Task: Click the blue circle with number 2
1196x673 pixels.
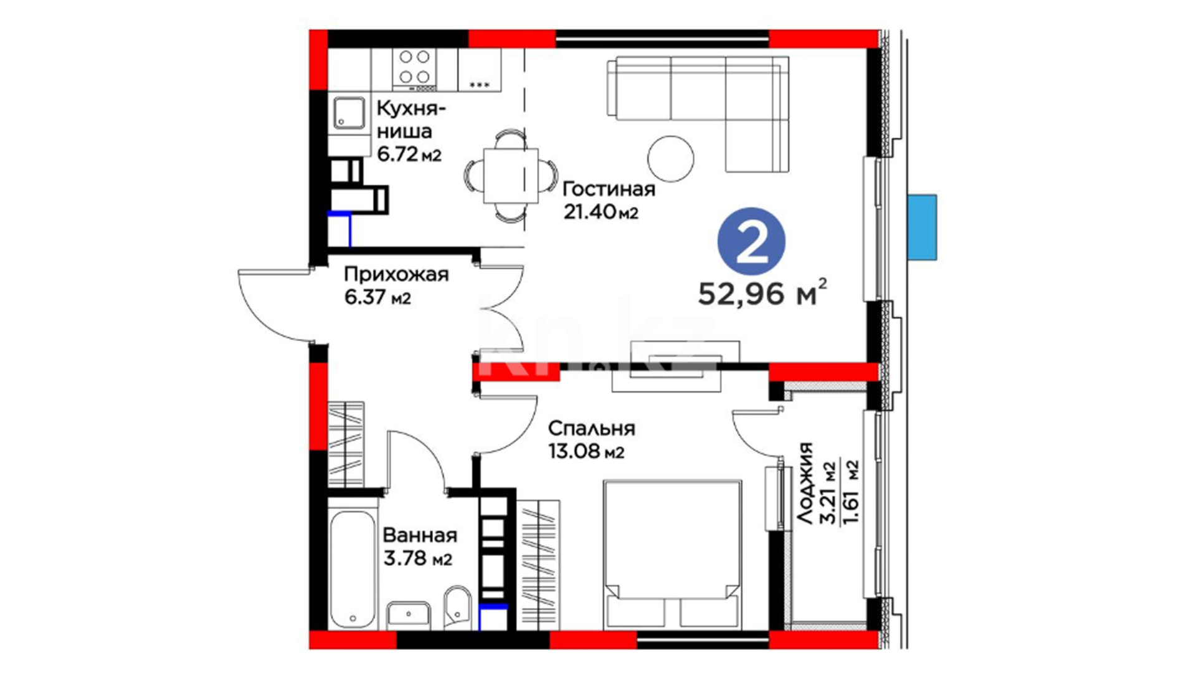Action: [x=751, y=241]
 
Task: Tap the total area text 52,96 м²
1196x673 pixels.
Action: [x=763, y=294]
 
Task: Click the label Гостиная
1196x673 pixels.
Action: [x=609, y=189]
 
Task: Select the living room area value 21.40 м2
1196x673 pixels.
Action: [x=601, y=212]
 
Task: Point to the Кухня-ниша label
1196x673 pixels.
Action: [x=411, y=120]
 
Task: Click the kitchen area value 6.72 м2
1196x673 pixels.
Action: [x=409, y=153]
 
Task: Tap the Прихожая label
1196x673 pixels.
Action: [x=396, y=275]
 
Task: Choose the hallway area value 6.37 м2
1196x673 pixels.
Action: [x=377, y=297]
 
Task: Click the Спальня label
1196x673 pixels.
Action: [x=592, y=429]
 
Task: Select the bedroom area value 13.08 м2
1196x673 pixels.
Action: [x=586, y=451]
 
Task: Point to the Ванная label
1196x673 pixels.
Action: [x=420, y=535]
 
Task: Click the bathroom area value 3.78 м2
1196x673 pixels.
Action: [x=417, y=558]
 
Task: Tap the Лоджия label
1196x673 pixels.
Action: [x=805, y=483]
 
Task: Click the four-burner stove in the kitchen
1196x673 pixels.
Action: [x=414, y=70]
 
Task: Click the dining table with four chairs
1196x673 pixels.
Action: [x=511, y=175]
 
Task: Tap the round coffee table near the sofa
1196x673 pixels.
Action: [x=670, y=159]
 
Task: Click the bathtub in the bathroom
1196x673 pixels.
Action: [x=353, y=563]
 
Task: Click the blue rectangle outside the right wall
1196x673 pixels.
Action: [x=922, y=227]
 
